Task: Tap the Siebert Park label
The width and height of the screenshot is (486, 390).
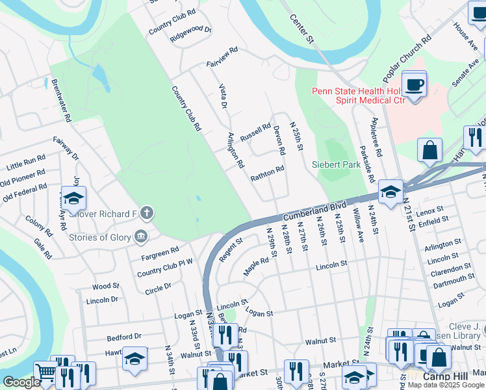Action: point(337,164)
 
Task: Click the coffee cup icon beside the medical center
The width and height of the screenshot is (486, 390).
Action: point(413,84)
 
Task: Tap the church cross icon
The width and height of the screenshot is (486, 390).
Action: point(147,213)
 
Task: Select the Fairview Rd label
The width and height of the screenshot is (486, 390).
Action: point(222,56)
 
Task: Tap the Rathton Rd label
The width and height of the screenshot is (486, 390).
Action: point(268,174)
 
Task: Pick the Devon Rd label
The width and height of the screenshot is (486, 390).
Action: point(279,140)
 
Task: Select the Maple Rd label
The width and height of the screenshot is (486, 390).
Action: point(256,266)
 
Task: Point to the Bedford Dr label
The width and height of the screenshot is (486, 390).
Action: point(124,337)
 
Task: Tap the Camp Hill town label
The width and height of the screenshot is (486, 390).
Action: point(445,376)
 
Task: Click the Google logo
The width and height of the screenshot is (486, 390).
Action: point(21,382)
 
